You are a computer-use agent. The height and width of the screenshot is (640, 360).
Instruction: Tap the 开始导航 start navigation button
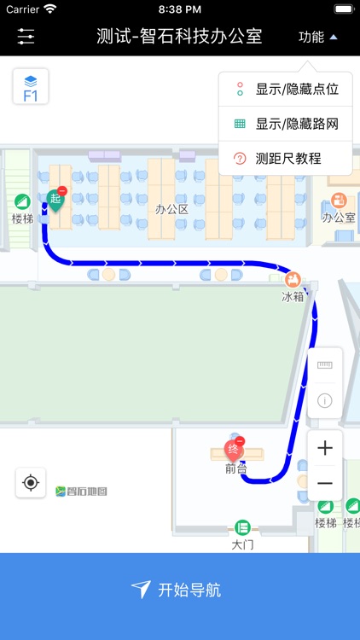(x=180, y=590)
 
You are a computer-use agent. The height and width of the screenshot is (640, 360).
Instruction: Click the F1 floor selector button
(x=31, y=87)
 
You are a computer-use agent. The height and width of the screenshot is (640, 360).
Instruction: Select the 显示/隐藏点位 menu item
(x=286, y=89)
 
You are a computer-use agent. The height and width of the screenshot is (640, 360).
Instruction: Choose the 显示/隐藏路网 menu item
(x=286, y=124)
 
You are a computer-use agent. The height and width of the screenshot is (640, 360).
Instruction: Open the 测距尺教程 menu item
(x=286, y=158)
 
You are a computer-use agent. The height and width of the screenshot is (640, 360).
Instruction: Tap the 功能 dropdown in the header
(x=317, y=37)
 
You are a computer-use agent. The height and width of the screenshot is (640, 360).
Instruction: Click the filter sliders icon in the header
(x=26, y=37)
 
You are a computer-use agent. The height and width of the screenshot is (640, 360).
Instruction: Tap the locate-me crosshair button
(x=31, y=483)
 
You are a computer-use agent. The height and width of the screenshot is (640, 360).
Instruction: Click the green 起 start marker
(x=56, y=199)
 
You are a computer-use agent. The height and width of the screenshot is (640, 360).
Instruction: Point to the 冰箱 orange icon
(x=293, y=279)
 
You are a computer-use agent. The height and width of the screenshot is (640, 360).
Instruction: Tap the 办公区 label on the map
(x=171, y=209)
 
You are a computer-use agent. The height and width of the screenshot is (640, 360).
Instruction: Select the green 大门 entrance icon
(x=242, y=527)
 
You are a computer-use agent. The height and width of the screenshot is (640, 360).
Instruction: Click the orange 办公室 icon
(x=339, y=201)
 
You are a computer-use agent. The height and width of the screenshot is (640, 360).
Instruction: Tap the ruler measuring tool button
(x=325, y=365)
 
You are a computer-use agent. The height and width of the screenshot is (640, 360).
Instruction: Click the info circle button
(x=325, y=400)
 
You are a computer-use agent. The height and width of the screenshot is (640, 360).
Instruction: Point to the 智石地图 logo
(x=82, y=491)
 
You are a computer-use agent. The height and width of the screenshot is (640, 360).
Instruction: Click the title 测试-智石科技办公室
(x=179, y=37)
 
